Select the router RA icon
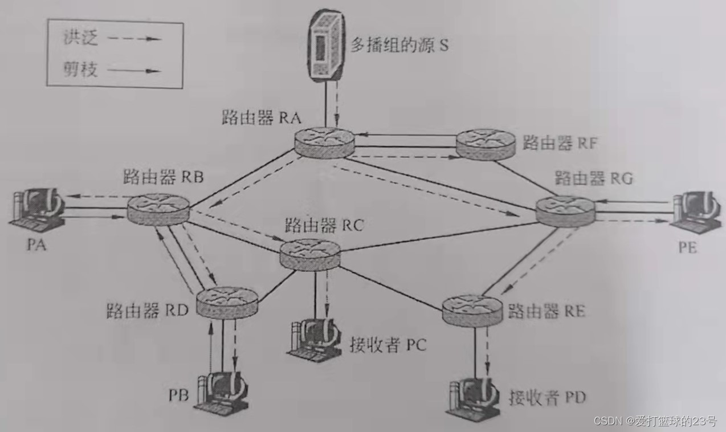point(324,142)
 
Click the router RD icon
point(226,303)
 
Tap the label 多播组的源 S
point(399,45)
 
